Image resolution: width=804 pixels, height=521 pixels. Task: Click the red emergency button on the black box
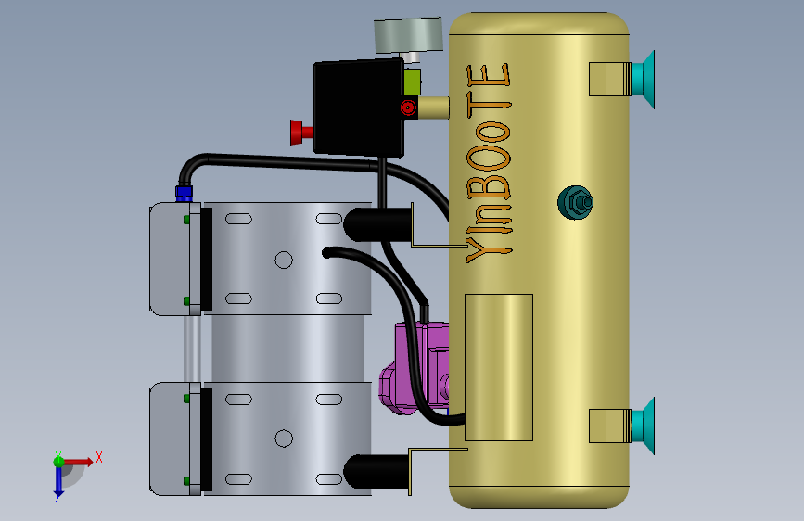(301, 133)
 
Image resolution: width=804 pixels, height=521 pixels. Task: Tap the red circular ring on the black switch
(408, 108)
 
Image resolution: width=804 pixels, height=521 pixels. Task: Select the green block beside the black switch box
(412, 82)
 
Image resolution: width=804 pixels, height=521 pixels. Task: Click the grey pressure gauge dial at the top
(408, 35)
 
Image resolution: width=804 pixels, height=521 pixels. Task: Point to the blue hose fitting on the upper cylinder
(185, 194)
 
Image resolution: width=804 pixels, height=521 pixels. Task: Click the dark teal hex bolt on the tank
(575, 202)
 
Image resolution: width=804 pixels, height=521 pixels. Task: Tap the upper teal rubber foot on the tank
(643, 80)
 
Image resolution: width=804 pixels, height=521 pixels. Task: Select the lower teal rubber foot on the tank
(643, 426)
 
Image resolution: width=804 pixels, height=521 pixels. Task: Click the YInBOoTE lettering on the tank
(489, 163)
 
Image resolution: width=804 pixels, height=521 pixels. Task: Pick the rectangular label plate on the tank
(499, 367)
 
